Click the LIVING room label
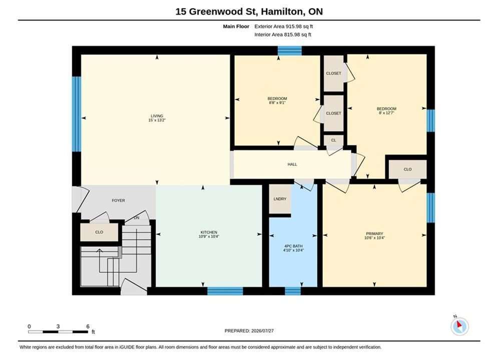157,116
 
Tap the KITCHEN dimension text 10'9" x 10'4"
209,236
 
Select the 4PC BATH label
293,246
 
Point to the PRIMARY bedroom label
374,234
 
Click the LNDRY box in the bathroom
280,199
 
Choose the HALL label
292,164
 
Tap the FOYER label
118,200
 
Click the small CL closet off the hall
333,140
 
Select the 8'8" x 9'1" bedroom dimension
277,103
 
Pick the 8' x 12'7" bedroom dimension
386,113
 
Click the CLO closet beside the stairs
99,232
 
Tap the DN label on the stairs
137,218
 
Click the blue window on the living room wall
77,114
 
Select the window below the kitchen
225,291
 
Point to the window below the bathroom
293,291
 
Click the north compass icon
459,326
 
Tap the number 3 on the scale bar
58,326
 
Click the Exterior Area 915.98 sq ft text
284,26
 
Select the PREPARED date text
249,331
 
